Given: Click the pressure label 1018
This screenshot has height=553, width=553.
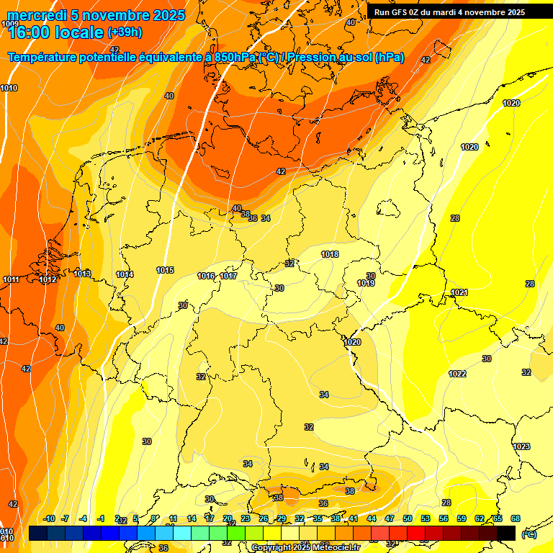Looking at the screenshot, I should point(330,254).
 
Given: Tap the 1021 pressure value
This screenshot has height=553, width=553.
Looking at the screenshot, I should point(459,292).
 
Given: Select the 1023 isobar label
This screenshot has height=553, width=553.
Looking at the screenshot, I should point(521,446).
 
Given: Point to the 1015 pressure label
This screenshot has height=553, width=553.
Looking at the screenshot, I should point(165,270).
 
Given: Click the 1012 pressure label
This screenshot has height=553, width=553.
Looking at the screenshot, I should point(48,279).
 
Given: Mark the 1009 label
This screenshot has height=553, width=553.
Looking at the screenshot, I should point(10,24).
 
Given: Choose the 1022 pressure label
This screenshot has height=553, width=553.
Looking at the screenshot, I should point(457,374).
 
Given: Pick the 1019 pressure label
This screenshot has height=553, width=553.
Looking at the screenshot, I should point(366,283).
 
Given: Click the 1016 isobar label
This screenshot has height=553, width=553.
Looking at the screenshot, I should point(206,276).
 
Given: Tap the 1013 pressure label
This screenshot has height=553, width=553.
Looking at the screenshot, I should point(82,274).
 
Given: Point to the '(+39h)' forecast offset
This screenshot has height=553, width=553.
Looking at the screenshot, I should point(125,32).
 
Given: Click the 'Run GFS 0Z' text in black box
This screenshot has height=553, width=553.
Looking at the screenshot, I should point(398,12).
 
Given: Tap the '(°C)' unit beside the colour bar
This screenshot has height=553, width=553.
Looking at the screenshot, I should point(529,534).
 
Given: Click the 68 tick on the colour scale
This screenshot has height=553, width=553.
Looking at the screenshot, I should point(516,518).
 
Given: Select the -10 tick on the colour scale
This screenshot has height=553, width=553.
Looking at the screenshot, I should point(50,518).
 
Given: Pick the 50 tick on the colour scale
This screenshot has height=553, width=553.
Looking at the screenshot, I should point(408,518).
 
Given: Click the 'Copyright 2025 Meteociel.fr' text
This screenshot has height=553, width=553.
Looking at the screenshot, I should point(305,547).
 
